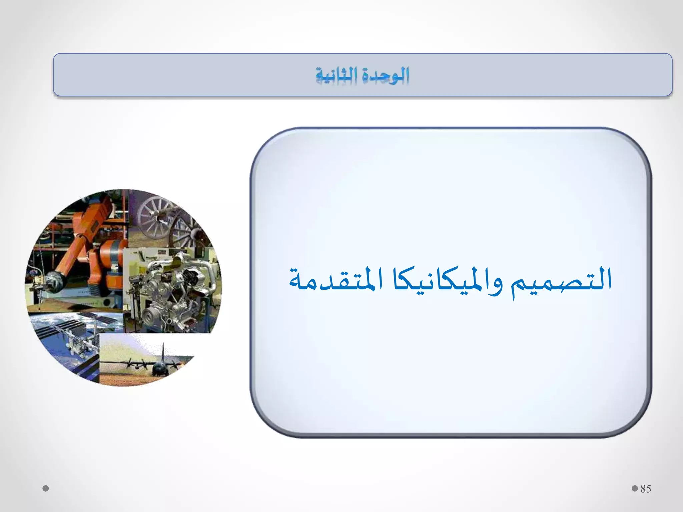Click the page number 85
click(646, 489)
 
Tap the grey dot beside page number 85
click(635, 488)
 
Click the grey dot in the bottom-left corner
click(46, 489)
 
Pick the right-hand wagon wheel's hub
click(182, 233)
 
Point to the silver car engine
click(173, 290)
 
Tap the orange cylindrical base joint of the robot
click(112, 253)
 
